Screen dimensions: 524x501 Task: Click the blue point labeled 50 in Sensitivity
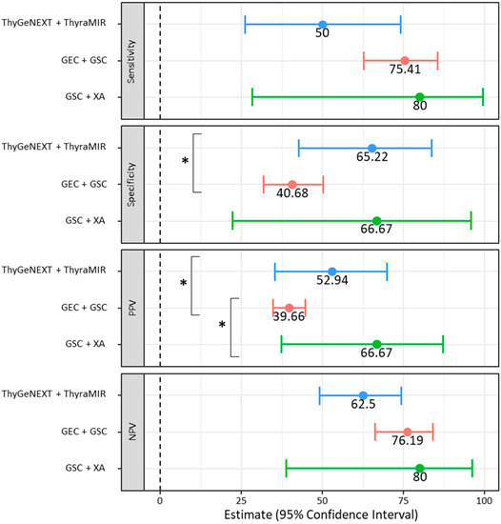point(322,25)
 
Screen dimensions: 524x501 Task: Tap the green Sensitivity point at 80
point(419,96)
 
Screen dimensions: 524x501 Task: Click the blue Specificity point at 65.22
point(371,148)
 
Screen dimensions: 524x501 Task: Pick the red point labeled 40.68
point(291,184)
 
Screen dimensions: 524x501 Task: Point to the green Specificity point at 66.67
point(376,220)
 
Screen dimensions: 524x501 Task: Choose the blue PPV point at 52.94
point(331,272)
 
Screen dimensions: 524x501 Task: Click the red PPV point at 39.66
point(289,308)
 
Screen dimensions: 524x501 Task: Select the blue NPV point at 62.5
point(363,395)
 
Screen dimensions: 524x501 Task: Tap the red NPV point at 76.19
point(407,432)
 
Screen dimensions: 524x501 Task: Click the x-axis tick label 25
point(241,498)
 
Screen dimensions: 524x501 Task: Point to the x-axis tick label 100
point(485,498)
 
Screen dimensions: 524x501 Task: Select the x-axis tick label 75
point(404,498)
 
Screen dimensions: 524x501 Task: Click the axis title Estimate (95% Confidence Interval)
point(322,515)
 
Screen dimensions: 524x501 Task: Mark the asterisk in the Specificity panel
point(185,161)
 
